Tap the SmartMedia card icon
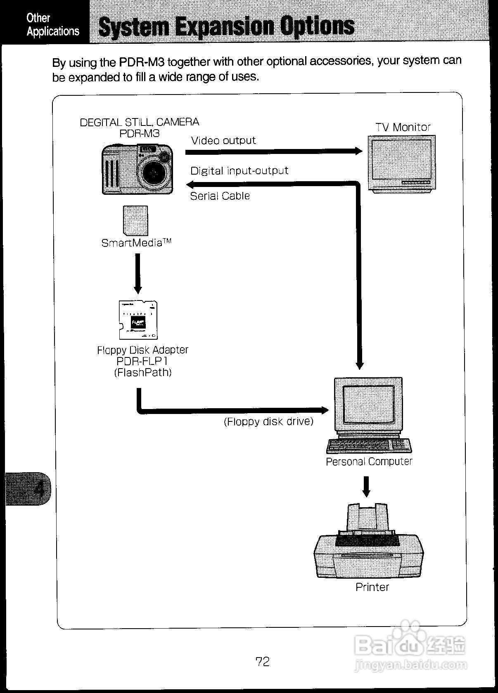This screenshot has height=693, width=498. (135, 221)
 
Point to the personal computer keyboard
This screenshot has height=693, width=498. (369, 446)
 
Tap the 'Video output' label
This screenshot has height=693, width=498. (223, 141)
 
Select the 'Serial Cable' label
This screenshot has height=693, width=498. (220, 196)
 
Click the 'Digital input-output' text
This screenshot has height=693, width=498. (239, 171)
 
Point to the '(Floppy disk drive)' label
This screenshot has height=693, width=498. (268, 422)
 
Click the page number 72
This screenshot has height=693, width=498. (263, 662)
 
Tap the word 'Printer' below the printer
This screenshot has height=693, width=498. (372, 587)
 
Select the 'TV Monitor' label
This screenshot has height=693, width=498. (403, 128)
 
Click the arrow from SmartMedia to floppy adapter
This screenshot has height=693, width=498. (138, 272)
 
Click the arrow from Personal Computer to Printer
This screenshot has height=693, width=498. (366, 487)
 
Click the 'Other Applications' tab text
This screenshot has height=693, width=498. (52, 24)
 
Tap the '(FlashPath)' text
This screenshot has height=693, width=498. (142, 373)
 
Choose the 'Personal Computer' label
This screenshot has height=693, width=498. (369, 461)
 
